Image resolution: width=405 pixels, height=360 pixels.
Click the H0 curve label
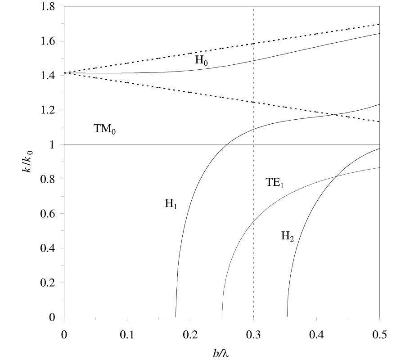tap(201, 59)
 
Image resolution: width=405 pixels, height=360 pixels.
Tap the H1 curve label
tap(171, 204)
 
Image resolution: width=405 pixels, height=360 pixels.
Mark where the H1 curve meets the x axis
tap(175, 317)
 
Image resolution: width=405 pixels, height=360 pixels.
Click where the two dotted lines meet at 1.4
tap(64, 72)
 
